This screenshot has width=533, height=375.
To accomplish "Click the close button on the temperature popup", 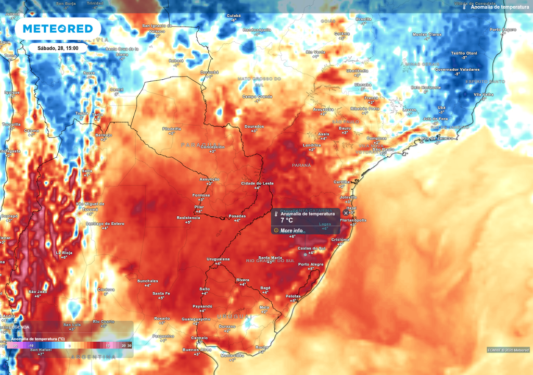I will [x=346, y=213].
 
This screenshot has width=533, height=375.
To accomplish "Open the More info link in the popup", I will [x=291, y=230].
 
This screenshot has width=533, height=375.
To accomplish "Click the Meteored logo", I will [x=57, y=28].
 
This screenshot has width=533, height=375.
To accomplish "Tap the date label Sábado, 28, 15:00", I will [x=58, y=48].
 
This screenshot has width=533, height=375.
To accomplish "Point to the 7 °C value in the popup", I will [x=287, y=220].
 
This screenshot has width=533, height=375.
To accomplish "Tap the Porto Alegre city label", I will [x=311, y=265].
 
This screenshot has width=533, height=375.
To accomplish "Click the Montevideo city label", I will [x=232, y=355].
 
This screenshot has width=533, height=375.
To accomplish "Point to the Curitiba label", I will [x=341, y=182].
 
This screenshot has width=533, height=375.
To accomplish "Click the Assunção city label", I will [x=209, y=179].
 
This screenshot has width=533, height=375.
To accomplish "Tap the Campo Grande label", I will [x=257, y=96].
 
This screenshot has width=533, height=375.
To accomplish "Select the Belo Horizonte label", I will [x=426, y=87].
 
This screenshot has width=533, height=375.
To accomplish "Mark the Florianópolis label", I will [x=353, y=220].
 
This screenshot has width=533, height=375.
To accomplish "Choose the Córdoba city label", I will [x=106, y=289].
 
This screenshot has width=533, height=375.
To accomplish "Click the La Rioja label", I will [x=64, y=253].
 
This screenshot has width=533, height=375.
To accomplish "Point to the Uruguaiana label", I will [x=218, y=259].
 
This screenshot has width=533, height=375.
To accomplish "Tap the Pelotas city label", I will [x=293, y=296].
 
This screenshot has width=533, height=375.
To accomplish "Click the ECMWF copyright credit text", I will [x=507, y=349].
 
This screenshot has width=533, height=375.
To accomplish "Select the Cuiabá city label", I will [x=234, y=16].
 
